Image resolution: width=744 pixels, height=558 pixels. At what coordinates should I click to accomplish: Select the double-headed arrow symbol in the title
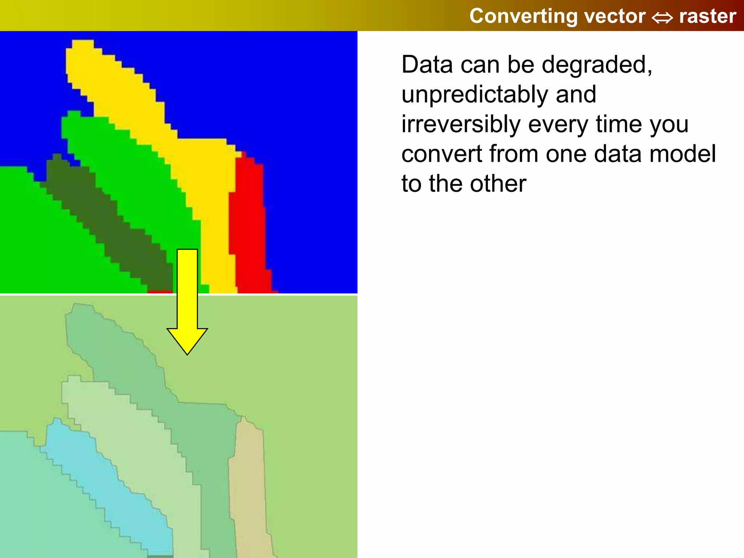point(662,17)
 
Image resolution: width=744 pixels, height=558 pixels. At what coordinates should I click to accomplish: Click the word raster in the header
point(707,16)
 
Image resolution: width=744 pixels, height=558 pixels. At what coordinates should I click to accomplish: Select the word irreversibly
point(461,124)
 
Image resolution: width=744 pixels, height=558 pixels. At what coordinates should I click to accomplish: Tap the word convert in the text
point(441,154)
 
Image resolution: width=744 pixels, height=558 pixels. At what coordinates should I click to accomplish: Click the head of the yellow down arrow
point(187,340)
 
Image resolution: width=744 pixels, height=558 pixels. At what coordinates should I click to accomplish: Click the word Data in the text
point(427,65)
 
